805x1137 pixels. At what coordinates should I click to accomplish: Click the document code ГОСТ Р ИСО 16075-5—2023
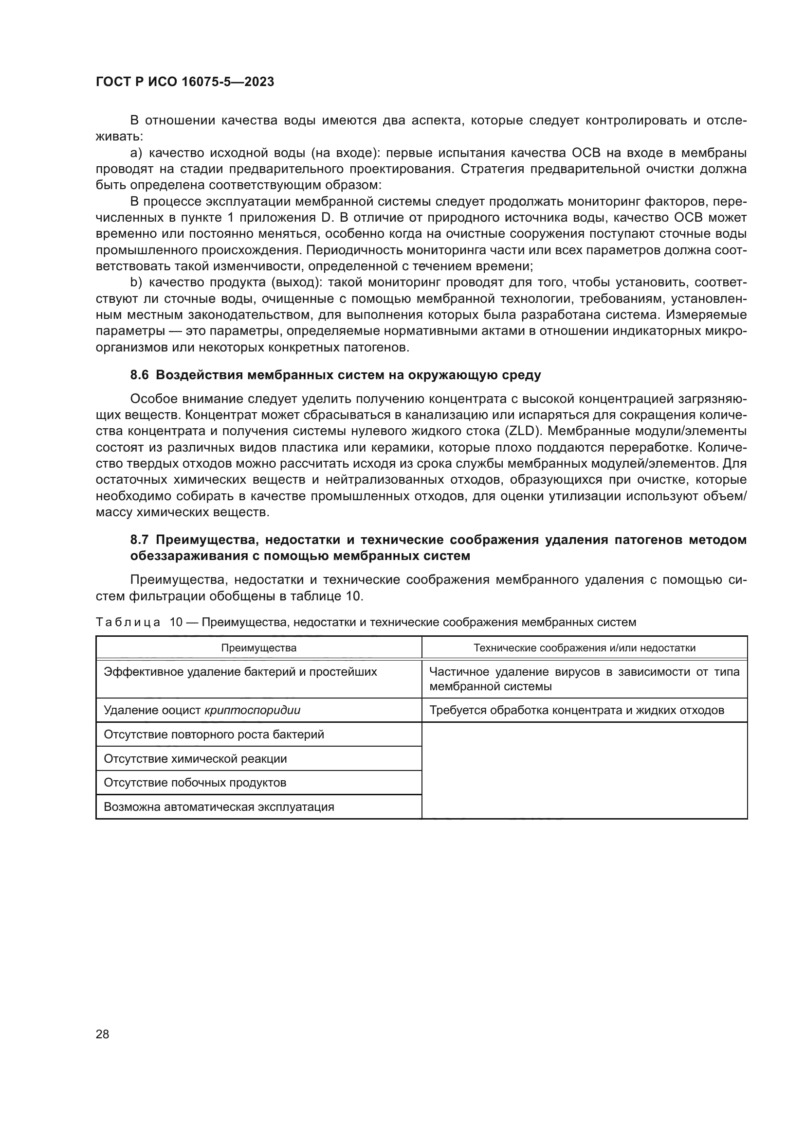185,82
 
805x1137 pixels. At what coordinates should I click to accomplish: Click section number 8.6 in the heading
139,375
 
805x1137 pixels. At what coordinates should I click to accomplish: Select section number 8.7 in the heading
139,539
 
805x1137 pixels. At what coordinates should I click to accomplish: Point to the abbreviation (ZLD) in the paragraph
522,431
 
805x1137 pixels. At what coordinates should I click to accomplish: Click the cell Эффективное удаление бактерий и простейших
240,672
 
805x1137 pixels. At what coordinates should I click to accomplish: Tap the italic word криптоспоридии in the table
252,710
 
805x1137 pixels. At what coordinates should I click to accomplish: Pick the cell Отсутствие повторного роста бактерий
214,735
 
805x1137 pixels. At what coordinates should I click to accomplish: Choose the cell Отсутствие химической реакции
195,759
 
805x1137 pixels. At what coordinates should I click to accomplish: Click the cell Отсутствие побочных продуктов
195,783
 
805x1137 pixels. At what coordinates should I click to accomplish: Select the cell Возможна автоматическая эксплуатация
219,807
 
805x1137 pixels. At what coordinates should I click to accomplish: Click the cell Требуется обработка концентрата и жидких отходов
576,710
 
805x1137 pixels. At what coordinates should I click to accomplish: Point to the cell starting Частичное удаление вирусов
585,679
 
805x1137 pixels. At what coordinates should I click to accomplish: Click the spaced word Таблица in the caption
128,623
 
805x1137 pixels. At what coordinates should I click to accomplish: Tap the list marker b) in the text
136,283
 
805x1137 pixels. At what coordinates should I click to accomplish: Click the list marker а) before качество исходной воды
136,153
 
